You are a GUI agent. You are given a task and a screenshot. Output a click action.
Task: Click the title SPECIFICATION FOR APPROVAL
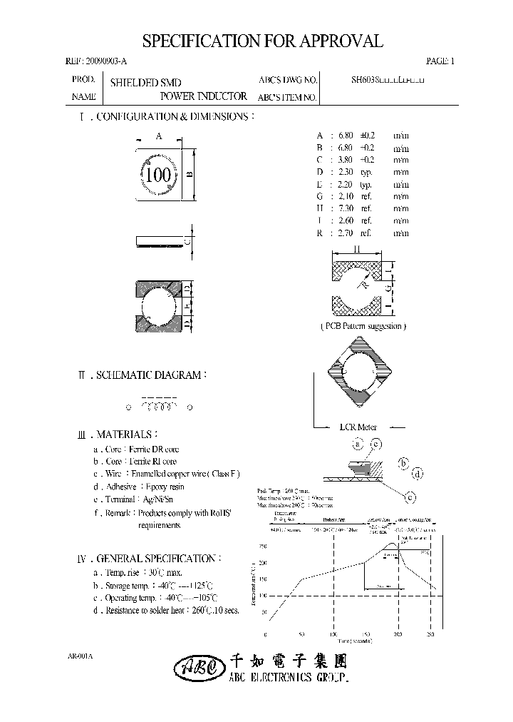(262, 41)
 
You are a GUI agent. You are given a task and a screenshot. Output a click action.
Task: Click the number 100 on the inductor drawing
(157, 175)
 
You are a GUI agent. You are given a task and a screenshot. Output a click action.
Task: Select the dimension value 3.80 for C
(346, 160)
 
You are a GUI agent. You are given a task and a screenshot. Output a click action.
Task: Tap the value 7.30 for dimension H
(346, 208)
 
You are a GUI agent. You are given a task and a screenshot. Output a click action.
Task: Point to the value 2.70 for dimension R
(346, 233)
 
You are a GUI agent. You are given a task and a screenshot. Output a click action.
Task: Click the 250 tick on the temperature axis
(263, 546)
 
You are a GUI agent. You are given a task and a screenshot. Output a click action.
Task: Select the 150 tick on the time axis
(366, 634)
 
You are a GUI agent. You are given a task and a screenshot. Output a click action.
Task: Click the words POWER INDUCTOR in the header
(204, 96)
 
